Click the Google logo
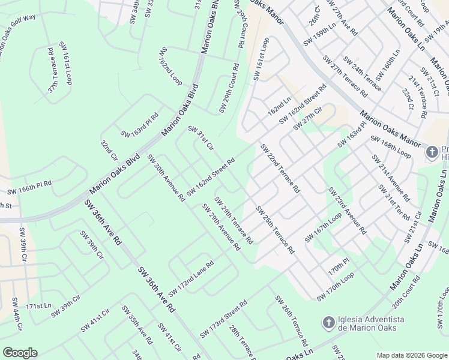pos(20,353)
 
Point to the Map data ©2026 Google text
pos(411,355)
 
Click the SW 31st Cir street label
pos(201,137)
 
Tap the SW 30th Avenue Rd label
pos(166,178)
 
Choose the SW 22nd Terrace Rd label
pos(280,169)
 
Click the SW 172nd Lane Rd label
pos(191,278)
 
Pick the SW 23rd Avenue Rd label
pos(346,210)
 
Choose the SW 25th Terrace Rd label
pos(275,229)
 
